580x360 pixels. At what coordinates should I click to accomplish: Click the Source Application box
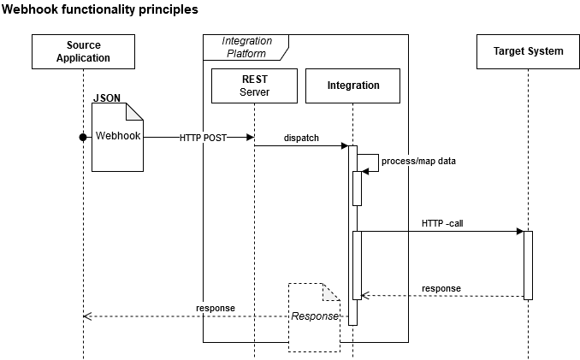pos(83,51)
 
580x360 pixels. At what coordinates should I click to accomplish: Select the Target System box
pos(528,51)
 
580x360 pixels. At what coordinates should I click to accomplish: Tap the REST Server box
pos(254,86)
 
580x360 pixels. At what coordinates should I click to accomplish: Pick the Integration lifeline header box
pos(352,86)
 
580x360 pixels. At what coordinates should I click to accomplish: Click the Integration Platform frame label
pos(246,47)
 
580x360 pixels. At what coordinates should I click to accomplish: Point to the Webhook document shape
pos(117,136)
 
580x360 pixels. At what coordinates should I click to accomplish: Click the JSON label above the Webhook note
pos(107,98)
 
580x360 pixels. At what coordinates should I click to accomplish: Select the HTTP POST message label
pos(203,138)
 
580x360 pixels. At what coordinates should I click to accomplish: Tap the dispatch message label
pos(301,138)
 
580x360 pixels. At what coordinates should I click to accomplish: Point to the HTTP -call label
pos(442,223)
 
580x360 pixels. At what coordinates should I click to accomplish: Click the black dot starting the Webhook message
pos(83,137)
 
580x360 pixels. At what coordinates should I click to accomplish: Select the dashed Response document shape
pos(314,316)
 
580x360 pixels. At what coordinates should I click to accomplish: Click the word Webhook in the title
pos(32,10)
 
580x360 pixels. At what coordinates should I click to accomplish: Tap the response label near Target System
pos(441,288)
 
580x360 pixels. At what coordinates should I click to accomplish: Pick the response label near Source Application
pos(215,308)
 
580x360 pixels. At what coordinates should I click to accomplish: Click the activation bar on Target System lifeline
pos(528,265)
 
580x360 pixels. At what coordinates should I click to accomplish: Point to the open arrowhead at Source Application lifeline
pos(86,316)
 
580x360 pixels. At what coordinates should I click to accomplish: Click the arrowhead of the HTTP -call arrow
pos(518,231)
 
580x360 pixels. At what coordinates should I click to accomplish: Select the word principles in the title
pos(168,10)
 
